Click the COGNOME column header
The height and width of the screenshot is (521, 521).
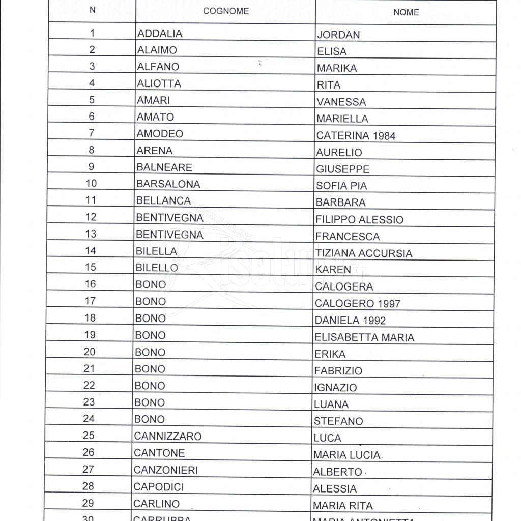coord(226,11)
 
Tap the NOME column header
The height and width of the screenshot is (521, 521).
coord(406,12)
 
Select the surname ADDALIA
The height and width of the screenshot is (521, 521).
coord(159,33)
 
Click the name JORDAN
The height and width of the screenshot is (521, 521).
coord(338,35)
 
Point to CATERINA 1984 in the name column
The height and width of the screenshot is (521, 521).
coord(355,136)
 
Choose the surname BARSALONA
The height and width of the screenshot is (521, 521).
coord(168,184)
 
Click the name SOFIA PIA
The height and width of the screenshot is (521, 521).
coord(341,186)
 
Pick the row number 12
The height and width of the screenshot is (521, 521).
coord(91,217)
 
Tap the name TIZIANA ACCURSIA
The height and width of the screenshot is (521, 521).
coord(363,253)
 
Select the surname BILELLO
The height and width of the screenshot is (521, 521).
coord(157,268)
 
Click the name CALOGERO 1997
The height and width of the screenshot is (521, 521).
coord(357,304)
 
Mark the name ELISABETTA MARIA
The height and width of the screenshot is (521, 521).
coord(364,337)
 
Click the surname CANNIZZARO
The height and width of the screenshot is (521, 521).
coord(167,437)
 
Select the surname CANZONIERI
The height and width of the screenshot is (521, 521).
coord(165,470)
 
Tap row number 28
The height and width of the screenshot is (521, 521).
coord(88,486)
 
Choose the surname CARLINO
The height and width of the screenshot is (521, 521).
coord(156,504)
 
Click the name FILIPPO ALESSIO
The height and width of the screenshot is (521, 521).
coord(359,220)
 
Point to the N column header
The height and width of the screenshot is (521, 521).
coord(92,10)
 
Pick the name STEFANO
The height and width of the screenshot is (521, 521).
coord(338,421)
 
